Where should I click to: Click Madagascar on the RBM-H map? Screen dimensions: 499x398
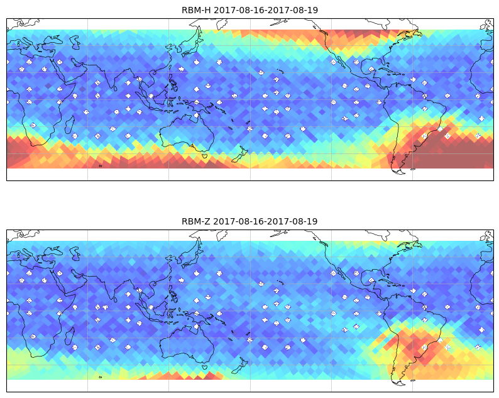point(70,124)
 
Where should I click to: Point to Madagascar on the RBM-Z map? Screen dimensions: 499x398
point(70,336)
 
